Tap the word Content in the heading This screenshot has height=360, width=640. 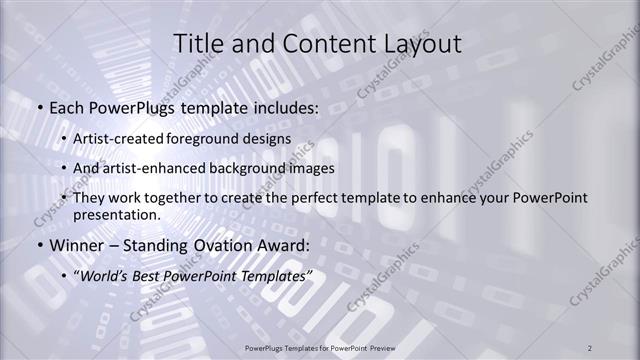click(321, 43)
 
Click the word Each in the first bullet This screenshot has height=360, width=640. click(67, 107)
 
